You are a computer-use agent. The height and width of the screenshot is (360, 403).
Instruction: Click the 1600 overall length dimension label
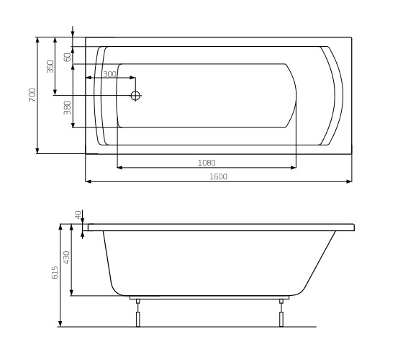(219, 176)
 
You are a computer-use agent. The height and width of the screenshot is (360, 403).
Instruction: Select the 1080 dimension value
(207, 163)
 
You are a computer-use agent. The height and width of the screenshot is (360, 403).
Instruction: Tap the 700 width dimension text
(32, 95)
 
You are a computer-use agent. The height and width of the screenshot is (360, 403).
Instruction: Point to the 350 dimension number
(50, 66)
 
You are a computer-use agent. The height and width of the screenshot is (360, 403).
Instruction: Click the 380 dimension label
(68, 108)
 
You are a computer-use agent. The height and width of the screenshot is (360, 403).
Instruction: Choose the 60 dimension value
(68, 57)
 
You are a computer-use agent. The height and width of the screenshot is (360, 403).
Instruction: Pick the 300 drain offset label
(109, 74)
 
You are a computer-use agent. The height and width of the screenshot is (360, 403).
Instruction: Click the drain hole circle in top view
(135, 96)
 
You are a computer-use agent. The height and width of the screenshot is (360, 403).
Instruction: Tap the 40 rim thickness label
(78, 215)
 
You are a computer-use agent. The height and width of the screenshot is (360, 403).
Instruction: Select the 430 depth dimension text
(66, 258)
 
